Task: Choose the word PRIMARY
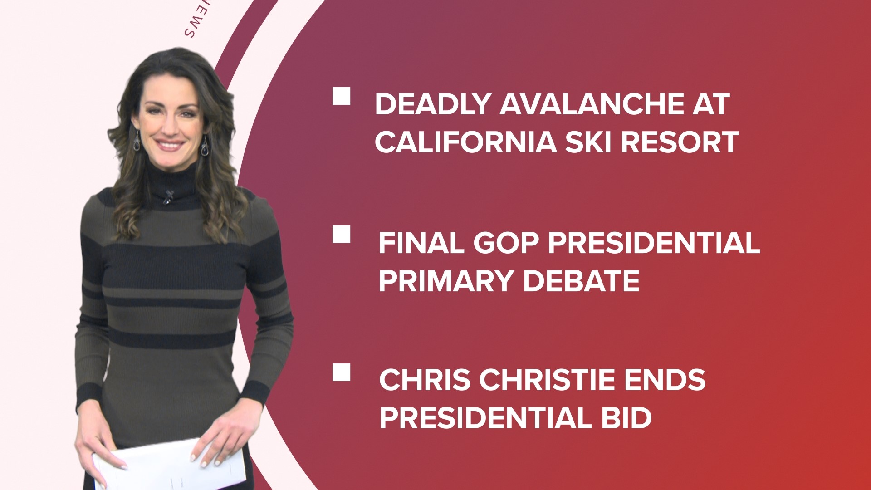click(x=446, y=281)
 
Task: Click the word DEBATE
click(x=582, y=281)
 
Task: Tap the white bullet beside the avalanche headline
click(x=341, y=97)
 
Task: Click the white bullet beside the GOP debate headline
click(x=341, y=235)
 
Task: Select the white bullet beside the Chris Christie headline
click(x=341, y=372)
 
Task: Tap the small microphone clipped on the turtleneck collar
click(x=169, y=196)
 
